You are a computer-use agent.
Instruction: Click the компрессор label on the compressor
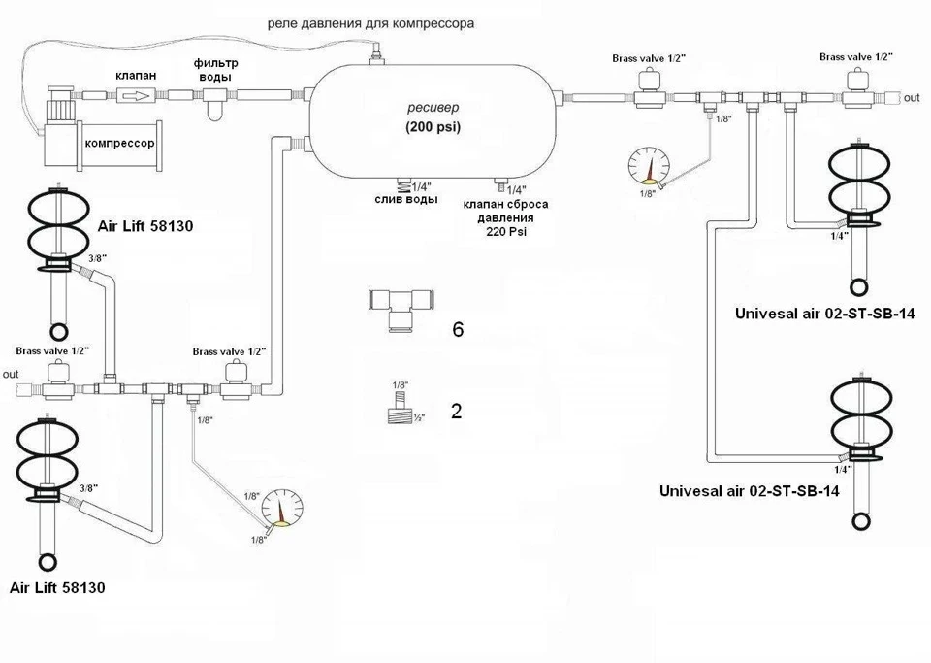120,143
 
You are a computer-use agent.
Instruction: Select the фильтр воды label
215,70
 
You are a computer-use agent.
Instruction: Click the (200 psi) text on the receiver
433,126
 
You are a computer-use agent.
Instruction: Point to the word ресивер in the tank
433,108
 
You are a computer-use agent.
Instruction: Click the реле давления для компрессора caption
371,23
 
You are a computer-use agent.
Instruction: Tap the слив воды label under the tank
406,200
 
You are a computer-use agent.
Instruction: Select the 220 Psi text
506,232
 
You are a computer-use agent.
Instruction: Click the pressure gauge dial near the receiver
649,163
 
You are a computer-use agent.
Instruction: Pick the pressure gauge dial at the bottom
282,509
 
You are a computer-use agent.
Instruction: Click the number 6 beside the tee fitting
457,329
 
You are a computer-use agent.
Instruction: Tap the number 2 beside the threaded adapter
456,412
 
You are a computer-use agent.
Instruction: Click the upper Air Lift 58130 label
145,226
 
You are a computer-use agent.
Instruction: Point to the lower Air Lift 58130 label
57,587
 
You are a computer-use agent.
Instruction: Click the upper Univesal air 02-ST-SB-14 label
824,314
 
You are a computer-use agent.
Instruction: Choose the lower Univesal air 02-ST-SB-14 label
750,491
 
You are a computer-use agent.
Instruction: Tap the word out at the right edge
912,97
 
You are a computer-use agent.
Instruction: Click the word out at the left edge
11,375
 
